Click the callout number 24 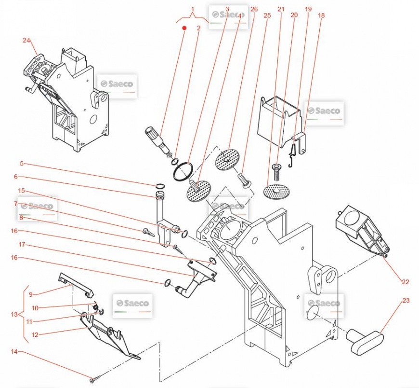coord(26,41)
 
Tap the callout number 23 coord(406,301)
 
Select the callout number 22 coord(406,282)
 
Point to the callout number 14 coord(14,351)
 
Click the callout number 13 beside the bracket coord(14,315)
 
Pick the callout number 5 coord(22,163)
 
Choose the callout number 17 coord(22,245)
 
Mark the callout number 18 coord(321,15)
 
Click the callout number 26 coord(254,9)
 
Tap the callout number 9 coord(30,294)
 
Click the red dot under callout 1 coord(184,28)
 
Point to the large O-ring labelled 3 coord(183,171)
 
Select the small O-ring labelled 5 coord(159,185)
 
